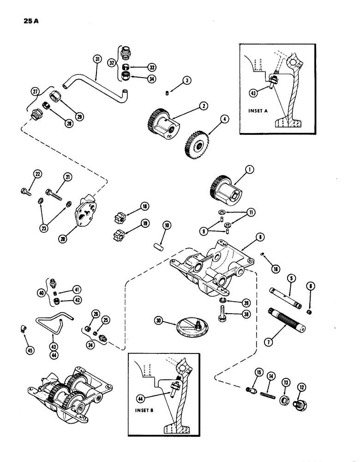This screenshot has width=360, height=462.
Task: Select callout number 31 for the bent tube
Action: (96, 59)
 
